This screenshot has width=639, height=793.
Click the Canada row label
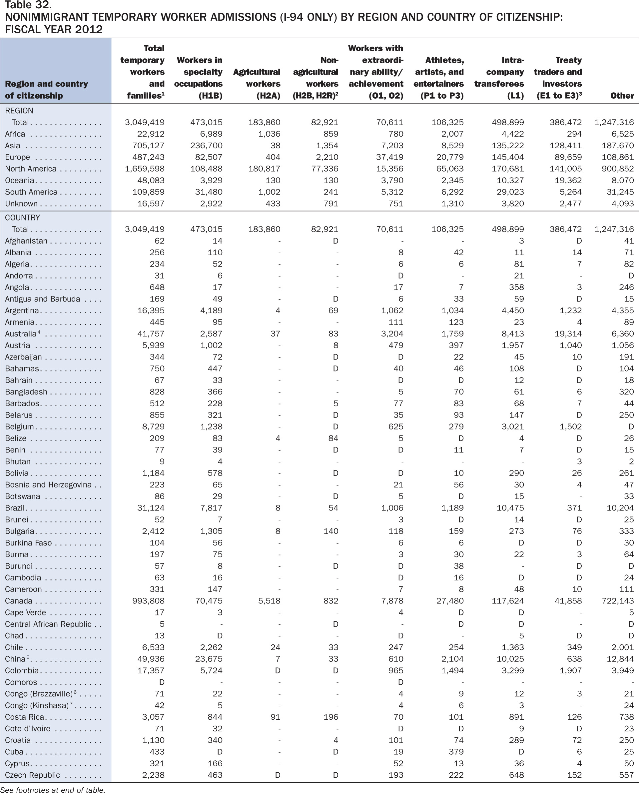pyautogui.click(x=18, y=601)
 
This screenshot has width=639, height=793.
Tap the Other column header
pyautogui.click(x=622, y=96)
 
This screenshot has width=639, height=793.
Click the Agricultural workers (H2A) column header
pyautogui.click(x=257, y=84)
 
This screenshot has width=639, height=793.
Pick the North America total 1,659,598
pyautogui.click(x=145, y=169)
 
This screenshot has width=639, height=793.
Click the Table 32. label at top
pyautogui.click(x=28, y=5)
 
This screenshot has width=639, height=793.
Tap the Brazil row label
pyautogui.click(x=15, y=508)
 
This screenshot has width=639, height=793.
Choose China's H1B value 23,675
pyautogui.click(x=209, y=659)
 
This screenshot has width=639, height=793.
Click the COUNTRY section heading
pyautogui.click(x=22, y=218)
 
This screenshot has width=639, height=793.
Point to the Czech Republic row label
pyautogui.click(x=32, y=775)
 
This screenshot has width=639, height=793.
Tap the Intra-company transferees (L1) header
pyautogui.click(x=499, y=78)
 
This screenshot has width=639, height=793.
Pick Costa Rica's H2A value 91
pyautogui.click(x=275, y=717)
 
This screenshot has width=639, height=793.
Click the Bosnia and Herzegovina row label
pyautogui.click(x=48, y=485)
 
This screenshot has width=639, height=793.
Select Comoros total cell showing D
pyautogui.click(x=162, y=682)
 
